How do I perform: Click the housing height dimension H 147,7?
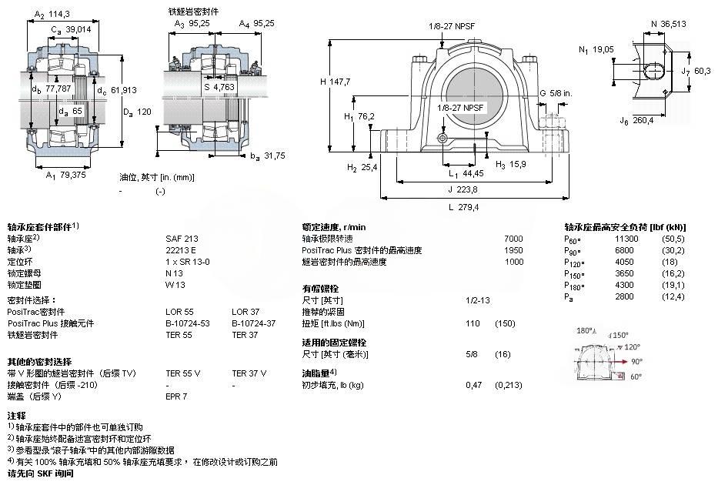pos(335,81)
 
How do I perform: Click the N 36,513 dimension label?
pos(668,24)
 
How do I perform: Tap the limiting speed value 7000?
pos(513,239)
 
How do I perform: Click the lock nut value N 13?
pos(175,273)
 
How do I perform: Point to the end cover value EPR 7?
pos(176,396)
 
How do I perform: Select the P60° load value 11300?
pos(626,239)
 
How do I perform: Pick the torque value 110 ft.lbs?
pos(473,323)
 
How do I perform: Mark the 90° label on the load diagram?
pos(637,360)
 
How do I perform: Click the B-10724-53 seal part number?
pos(188,323)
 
